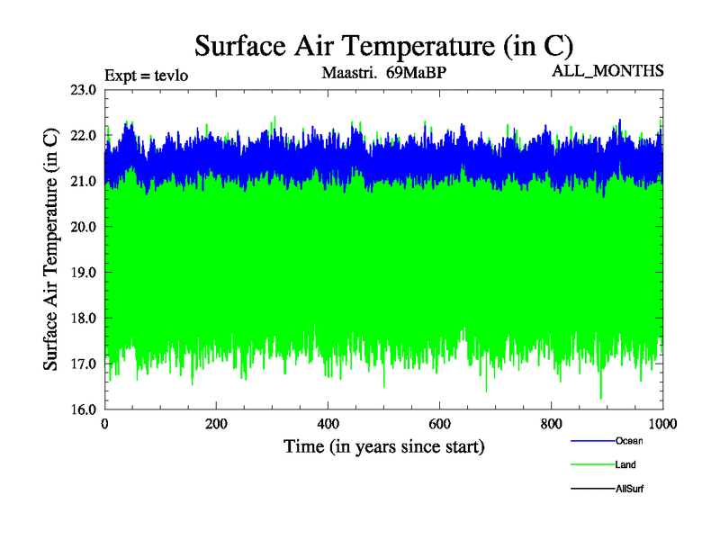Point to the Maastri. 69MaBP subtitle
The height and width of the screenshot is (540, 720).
click(x=383, y=72)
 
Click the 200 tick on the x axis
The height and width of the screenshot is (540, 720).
click(x=217, y=424)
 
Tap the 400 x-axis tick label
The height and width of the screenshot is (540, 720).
click(x=328, y=424)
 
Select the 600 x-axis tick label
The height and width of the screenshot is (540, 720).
click(x=440, y=424)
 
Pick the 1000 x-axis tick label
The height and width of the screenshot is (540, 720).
click(x=663, y=424)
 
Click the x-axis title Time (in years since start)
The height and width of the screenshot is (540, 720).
click(x=384, y=446)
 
